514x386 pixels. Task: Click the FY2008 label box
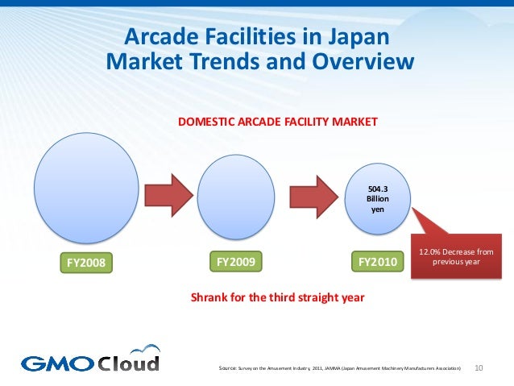click(x=85, y=263)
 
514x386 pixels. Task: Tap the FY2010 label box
click(x=377, y=261)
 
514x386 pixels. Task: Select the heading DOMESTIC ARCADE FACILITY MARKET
click(x=277, y=122)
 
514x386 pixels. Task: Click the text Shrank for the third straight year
click(x=277, y=297)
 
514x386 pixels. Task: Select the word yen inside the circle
click(x=377, y=210)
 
